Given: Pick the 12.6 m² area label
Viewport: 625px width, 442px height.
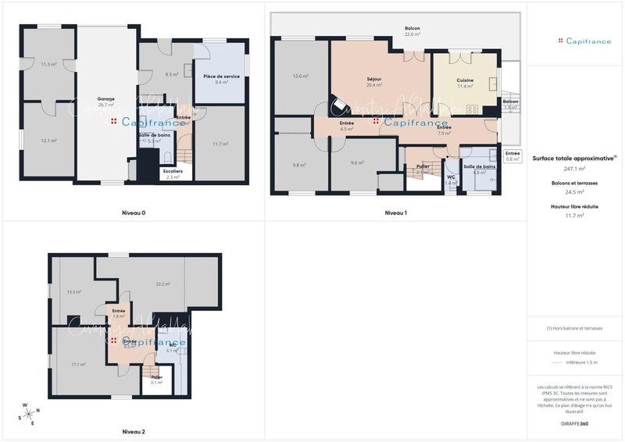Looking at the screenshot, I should point(301,76).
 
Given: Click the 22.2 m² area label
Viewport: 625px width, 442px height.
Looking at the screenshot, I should point(163,284).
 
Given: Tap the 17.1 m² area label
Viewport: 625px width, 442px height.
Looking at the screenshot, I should point(78,364).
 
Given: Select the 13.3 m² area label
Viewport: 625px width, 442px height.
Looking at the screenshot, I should point(74,292).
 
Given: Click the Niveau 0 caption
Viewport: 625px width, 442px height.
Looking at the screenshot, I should point(134,212).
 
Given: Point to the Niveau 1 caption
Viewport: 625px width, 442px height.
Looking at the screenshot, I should point(396,212).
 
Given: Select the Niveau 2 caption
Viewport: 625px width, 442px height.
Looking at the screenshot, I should point(134,431).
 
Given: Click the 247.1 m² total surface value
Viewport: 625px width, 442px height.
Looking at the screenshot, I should point(574,168).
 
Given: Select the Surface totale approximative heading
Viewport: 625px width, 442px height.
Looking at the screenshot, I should point(574,158).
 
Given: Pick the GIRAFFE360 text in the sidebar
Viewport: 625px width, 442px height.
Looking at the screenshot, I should point(574,423).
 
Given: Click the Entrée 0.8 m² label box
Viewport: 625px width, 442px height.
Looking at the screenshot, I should point(512,156).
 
